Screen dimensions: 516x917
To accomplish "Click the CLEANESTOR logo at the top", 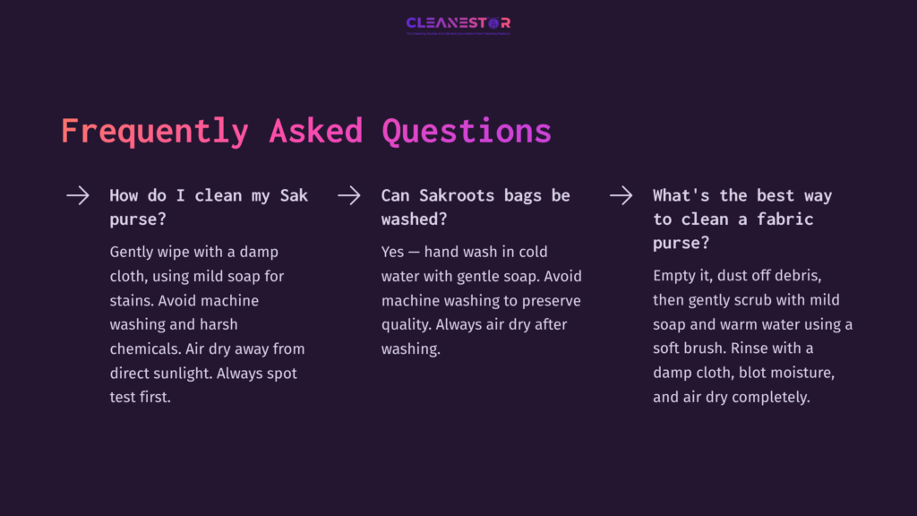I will coord(458,23).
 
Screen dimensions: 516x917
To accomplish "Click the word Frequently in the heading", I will coord(153,132).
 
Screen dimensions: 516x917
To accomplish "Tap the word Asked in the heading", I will coord(316,132).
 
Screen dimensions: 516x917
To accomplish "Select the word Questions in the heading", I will coord(466,132).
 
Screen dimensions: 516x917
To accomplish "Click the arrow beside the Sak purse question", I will coord(78,195).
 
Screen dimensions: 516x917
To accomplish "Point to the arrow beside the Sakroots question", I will coord(349,195).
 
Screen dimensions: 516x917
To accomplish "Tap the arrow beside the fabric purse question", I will coord(621,195).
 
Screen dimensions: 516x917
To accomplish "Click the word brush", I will coord(705,348).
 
